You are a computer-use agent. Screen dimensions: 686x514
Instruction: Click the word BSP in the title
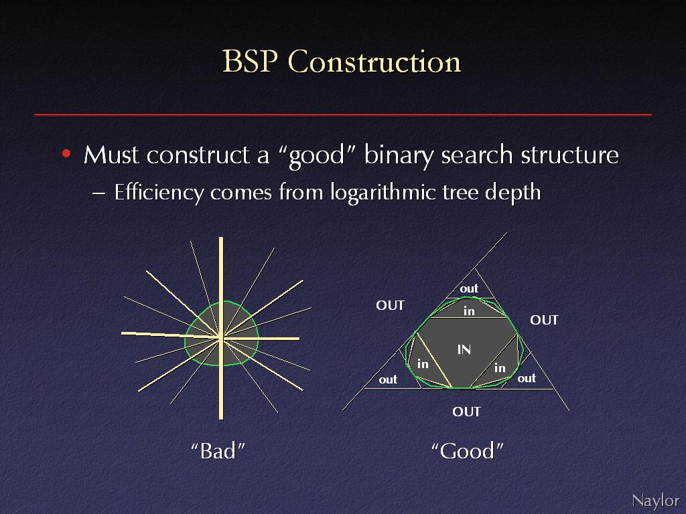pyautogui.click(x=251, y=61)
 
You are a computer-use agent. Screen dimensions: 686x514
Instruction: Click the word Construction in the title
pyautogui.click(x=374, y=61)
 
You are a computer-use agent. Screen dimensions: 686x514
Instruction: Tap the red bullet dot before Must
pyautogui.click(x=66, y=153)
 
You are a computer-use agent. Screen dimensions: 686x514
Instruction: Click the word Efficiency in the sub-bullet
pyautogui.click(x=159, y=192)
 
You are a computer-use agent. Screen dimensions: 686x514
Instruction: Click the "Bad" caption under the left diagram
pyautogui.click(x=218, y=450)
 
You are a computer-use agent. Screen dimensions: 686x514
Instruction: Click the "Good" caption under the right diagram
pyautogui.click(x=467, y=450)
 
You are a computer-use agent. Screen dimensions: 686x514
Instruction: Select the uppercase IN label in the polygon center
pyautogui.click(x=464, y=349)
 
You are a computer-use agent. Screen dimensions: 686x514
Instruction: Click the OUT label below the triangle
pyautogui.click(x=466, y=412)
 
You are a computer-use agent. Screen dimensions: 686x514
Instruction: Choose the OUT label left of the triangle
pyautogui.click(x=391, y=305)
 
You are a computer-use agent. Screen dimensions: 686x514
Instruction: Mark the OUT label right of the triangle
pyautogui.click(x=544, y=321)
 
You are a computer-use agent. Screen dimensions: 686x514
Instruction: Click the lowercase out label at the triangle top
pyautogui.click(x=469, y=288)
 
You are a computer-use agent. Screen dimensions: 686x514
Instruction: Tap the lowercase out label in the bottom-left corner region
pyautogui.click(x=388, y=379)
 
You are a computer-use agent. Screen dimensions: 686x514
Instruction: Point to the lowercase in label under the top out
pyautogui.click(x=469, y=311)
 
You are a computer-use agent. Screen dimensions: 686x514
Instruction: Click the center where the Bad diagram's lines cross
pyautogui.click(x=221, y=337)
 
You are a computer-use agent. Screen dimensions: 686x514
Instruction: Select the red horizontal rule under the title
pyautogui.click(x=343, y=115)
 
